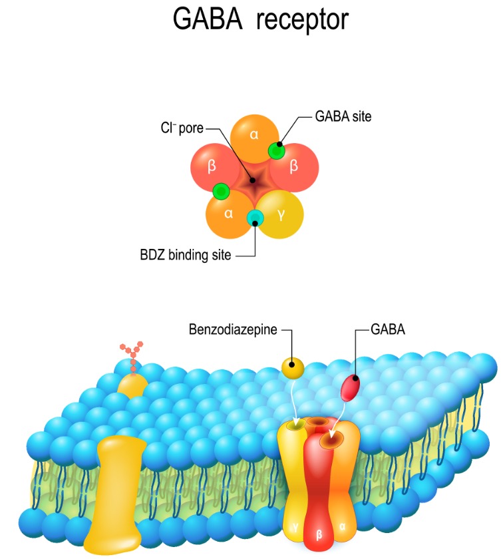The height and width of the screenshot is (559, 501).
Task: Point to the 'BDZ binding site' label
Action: (x=185, y=254)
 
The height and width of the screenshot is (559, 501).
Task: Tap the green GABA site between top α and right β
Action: (x=277, y=150)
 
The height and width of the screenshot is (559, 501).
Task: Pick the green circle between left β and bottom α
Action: (x=222, y=192)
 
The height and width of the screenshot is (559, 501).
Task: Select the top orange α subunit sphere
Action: (x=253, y=133)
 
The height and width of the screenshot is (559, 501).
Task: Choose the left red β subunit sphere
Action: (x=211, y=166)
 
